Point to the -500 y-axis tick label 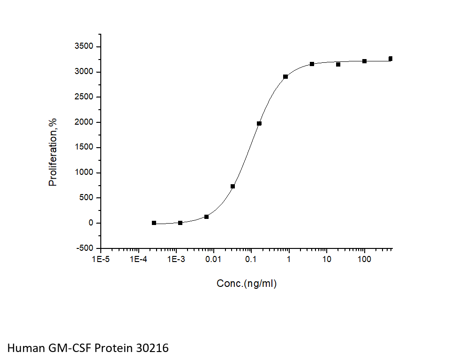85,248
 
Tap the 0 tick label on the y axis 91,223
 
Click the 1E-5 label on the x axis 101,259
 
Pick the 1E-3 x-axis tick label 176,259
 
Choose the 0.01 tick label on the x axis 214,259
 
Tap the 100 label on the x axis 364,259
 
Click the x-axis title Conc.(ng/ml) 247,284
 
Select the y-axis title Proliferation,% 53,151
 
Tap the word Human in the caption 25,348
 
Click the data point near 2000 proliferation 259,123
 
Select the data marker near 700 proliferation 232,186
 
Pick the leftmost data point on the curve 154,223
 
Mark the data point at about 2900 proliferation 285,76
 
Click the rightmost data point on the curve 390,59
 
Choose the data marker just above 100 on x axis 364,61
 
